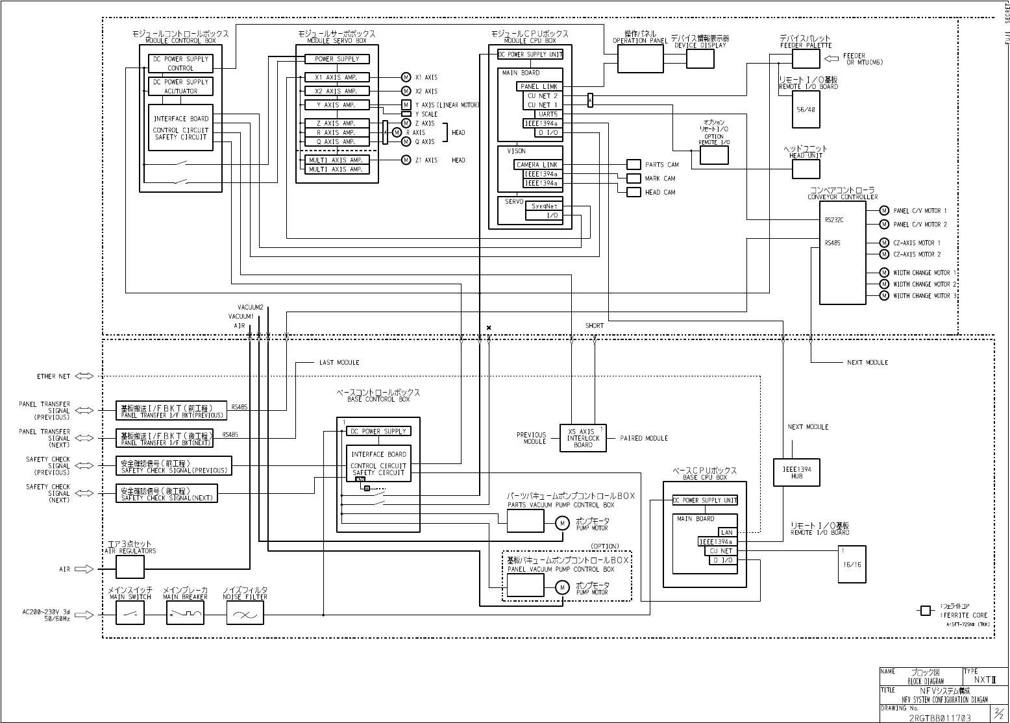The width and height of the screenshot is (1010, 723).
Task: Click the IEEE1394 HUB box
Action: [x=796, y=472]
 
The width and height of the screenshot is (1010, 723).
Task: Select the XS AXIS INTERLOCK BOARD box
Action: [x=583, y=438]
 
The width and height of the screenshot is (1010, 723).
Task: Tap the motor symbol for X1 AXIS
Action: [x=406, y=77]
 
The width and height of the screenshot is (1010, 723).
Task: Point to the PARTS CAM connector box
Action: [x=634, y=164]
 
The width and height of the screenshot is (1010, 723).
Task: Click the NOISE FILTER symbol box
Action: [x=245, y=612]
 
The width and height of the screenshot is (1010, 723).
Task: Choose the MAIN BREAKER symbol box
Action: [x=185, y=612]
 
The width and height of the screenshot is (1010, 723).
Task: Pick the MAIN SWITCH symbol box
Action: [x=130, y=612]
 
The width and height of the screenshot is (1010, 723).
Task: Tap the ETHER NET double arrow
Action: [x=84, y=376]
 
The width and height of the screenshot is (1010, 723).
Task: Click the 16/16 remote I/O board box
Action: [x=852, y=564]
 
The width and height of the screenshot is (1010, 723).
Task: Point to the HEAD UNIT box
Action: [x=806, y=169]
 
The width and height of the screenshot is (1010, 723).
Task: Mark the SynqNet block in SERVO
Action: [x=544, y=206]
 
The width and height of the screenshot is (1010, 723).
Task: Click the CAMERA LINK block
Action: [x=537, y=165]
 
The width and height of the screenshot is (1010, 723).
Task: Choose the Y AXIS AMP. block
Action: [x=337, y=104]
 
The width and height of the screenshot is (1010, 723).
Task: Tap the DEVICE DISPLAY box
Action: [x=700, y=59]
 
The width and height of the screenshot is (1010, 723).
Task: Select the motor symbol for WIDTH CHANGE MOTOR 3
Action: [x=883, y=295]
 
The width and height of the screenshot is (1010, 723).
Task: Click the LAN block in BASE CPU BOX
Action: [x=726, y=532]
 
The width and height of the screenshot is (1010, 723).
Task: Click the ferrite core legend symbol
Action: [x=926, y=611]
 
